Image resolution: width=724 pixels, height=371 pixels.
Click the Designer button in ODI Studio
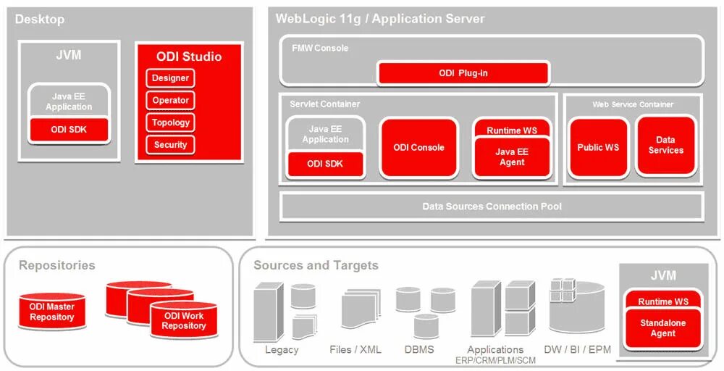click(170, 78)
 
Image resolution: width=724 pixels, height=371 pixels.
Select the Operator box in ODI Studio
click(170, 101)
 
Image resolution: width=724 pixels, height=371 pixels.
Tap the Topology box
click(170, 123)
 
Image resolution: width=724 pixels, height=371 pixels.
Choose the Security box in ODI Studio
click(170, 145)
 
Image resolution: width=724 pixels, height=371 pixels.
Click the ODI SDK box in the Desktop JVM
click(69, 130)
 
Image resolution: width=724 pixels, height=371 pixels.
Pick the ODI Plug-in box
click(463, 73)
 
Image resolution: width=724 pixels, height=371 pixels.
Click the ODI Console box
click(419, 148)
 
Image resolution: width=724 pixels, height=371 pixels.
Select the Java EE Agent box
click(511, 157)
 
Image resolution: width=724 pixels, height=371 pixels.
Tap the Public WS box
click(598, 148)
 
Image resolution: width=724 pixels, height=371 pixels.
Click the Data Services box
click(665, 146)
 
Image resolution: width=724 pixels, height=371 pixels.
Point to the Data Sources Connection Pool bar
click(492, 207)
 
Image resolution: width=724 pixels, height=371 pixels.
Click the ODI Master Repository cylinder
click(52, 312)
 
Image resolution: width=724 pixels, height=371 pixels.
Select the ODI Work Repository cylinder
click(183, 321)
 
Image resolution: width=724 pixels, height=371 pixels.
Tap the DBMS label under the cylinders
click(419, 350)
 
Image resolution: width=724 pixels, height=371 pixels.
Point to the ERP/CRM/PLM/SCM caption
click(496, 361)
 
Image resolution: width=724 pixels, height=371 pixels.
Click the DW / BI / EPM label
click(578, 350)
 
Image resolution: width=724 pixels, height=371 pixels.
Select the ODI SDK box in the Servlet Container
click(325, 164)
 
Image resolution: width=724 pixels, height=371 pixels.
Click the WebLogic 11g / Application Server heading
click(380, 19)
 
